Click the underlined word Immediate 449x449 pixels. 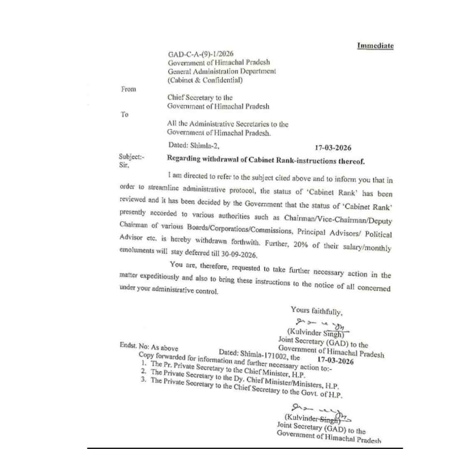(375, 46)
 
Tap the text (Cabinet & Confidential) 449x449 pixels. (205, 81)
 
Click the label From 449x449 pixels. (128, 89)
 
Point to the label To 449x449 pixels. (124, 115)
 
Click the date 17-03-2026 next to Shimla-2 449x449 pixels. (333, 148)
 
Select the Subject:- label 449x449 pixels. (131, 157)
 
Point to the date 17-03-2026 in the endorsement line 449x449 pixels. (335, 361)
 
